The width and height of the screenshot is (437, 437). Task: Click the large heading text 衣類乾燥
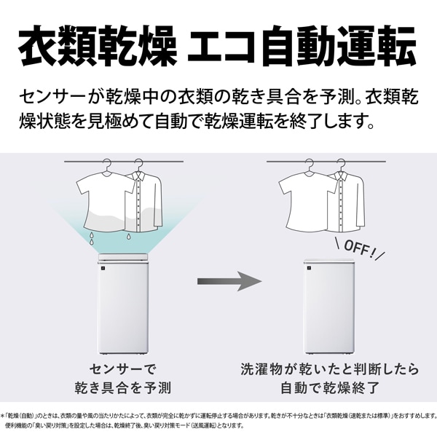click(98, 46)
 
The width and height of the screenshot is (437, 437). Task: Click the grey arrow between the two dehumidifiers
click(229, 281)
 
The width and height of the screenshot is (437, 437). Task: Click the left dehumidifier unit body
click(122, 307)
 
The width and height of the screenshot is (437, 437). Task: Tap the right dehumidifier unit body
click(329, 307)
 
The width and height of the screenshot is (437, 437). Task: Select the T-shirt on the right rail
click(307, 201)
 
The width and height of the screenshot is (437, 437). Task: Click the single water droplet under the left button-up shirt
click(128, 236)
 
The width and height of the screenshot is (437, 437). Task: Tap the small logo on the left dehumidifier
click(102, 268)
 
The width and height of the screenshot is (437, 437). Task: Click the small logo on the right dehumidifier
click(308, 268)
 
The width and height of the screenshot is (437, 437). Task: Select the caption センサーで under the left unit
click(123, 369)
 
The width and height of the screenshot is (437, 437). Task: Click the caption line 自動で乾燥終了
click(330, 387)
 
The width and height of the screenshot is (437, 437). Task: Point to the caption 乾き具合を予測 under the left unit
click(123, 387)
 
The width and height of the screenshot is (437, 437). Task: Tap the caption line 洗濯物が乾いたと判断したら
click(330, 369)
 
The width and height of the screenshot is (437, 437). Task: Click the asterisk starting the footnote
click(2, 416)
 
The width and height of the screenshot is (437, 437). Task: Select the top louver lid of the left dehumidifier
click(122, 256)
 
